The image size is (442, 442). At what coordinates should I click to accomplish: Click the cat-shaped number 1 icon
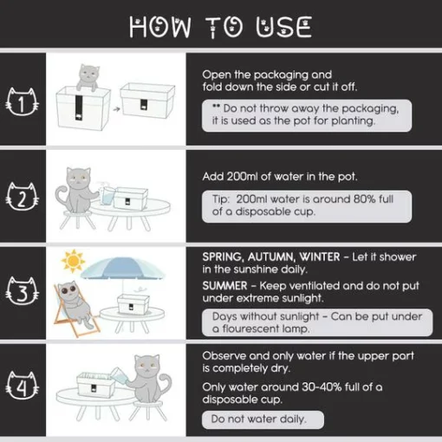coord(23,102)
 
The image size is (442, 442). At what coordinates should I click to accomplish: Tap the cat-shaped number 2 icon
coord(23,197)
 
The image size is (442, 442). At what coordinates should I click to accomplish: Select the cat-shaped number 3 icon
coord(23,291)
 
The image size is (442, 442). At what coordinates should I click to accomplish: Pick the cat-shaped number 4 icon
coord(23,386)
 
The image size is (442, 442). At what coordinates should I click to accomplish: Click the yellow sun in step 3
coord(73,261)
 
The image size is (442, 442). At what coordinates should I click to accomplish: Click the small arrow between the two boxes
coord(116,109)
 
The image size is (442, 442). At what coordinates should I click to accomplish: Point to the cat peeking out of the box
coord(88,77)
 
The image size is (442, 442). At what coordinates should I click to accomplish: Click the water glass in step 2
coord(107,196)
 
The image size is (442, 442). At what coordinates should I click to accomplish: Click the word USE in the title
coord(283,27)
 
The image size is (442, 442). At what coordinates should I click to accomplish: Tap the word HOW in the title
coord(159,27)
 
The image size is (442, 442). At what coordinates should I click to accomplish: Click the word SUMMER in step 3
coord(224,286)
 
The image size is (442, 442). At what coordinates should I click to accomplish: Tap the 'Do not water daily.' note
coord(258,419)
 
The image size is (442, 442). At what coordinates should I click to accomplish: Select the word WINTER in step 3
coord(320,257)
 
